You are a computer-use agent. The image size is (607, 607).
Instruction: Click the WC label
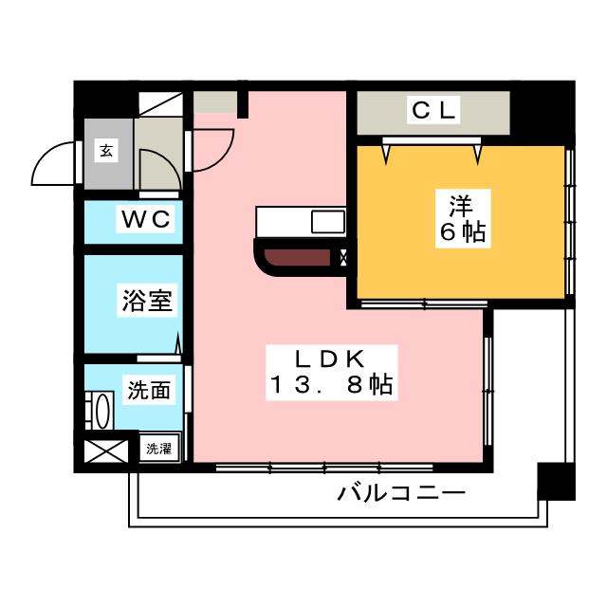click(x=146, y=219)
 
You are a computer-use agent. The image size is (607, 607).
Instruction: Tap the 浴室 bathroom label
click(x=147, y=301)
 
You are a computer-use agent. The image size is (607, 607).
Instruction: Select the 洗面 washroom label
click(x=149, y=390)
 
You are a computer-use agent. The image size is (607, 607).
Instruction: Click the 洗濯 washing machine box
click(x=159, y=448)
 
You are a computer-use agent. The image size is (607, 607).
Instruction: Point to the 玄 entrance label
click(x=106, y=150)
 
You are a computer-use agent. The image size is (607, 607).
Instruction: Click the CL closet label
click(x=433, y=110)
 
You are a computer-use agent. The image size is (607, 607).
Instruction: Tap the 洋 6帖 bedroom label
click(x=463, y=218)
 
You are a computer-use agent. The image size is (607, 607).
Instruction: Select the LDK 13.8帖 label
click(x=331, y=372)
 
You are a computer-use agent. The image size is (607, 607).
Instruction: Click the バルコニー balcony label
click(x=401, y=493)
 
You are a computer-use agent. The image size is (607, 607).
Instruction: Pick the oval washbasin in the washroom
click(x=103, y=411)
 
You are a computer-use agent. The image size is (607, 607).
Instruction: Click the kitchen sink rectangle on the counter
click(x=328, y=222)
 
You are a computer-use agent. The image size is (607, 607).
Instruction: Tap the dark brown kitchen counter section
click(x=297, y=257)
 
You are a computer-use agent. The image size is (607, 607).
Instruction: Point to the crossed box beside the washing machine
click(x=106, y=451)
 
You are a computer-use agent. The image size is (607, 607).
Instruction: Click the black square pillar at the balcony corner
click(x=556, y=481)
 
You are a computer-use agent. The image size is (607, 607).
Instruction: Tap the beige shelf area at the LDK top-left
click(x=215, y=101)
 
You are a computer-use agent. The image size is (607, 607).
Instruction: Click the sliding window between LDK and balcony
click(x=324, y=468)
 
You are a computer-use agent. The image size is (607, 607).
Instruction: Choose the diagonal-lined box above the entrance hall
click(x=160, y=103)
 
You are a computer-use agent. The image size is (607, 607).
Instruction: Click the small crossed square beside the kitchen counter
click(x=343, y=257)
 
